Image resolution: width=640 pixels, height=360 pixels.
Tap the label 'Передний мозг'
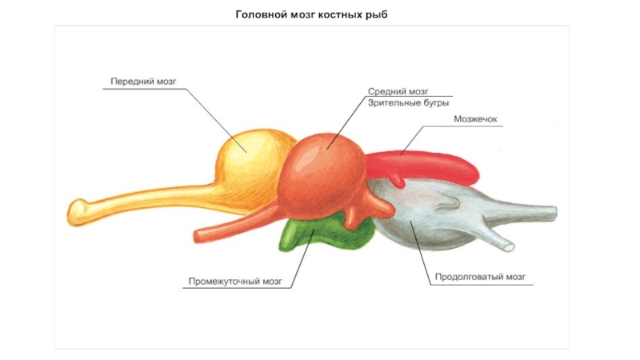pyautogui.click(x=143, y=82)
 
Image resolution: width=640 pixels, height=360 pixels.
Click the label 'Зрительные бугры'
pyautogui.click(x=408, y=103)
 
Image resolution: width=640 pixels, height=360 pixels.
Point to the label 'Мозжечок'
pyautogui.click(x=475, y=119)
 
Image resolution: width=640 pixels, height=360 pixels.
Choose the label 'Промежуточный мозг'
pyautogui.click(x=235, y=282)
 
